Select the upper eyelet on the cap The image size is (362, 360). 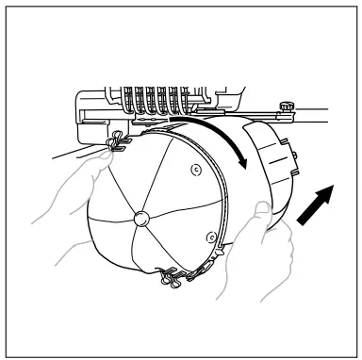(194, 171)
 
